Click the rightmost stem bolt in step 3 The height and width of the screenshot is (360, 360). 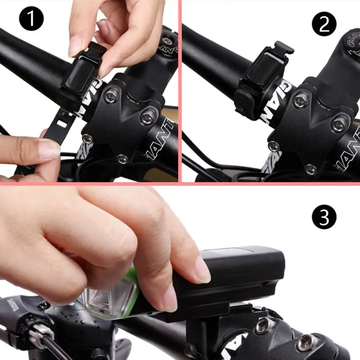tap(306, 342)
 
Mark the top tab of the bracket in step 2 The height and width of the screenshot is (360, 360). tap(284, 47)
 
